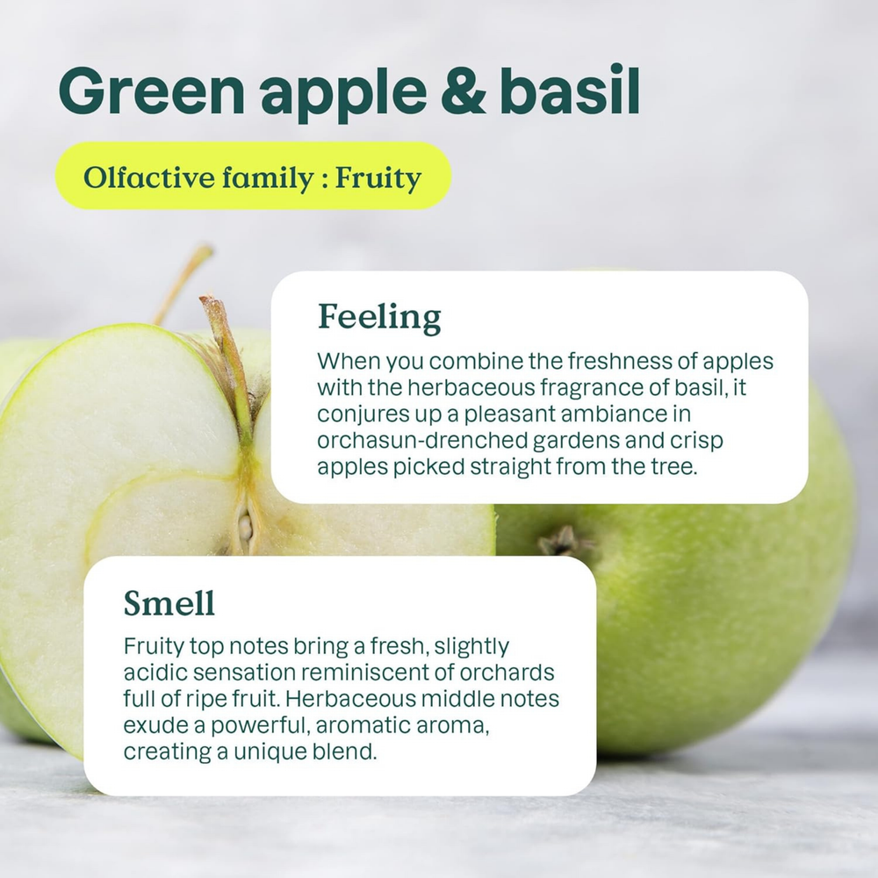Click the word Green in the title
coord(151,90)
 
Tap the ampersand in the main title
coord(464,90)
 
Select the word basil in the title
coord(570,90)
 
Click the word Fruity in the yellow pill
coord(378,178)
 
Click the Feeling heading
coord(379,318)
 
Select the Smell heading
coord(169,603)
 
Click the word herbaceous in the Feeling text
coord(471,387)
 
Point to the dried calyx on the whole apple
coord(562,541)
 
